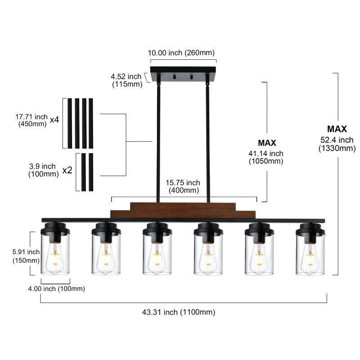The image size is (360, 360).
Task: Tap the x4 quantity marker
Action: point(54,120)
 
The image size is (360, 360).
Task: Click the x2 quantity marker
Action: point(67,171)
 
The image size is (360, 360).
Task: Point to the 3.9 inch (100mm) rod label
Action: point(42,170)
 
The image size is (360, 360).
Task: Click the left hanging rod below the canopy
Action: point(158,144)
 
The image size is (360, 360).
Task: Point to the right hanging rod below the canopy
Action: point(208,144)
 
